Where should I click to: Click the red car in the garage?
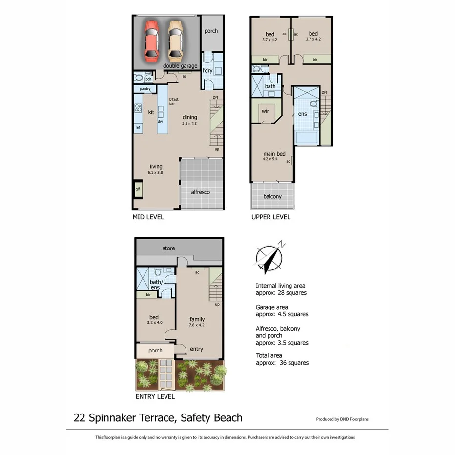tap(153, 39)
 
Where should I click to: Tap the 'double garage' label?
tap(180, 66)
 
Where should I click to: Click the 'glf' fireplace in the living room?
tap(138, 189)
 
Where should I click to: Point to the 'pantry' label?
tap(145, 89)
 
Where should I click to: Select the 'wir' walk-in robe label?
tap(265, 111)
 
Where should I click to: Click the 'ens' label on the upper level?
tap(302, 114)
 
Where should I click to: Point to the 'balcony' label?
tap(272, 197)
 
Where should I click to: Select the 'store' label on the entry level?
tap(168, 248)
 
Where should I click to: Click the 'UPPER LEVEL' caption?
tap(270, 217)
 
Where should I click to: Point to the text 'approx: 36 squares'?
tap(282, 363)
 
